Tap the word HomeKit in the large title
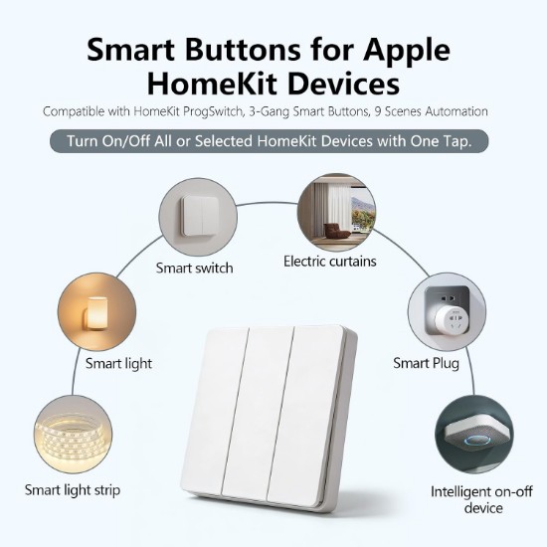pyautogui.click(x=212, y=84)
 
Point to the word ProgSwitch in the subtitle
pyautogui.click(x=213, y=111)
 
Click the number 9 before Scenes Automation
pyautogui.click(x=378, y=111)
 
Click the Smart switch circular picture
pyautogui.click(x=198, y=217)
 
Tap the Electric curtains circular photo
pyautogui.click(x=336, y=212)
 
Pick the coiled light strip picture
pyautogui.click(x=74, y=435)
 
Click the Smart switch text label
pyautogui.click(x=194, y=268)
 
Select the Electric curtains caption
pyautogui.click(x=329, y=262)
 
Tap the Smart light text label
pyautogui.click(x=118, y=363)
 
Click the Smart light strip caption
pyautogui.click(x=73, y=490)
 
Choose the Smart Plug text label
pyautogui.click(x=426, y=363)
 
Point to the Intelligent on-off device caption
pyautogui.click(x=481, y=499)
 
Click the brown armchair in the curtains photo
pyautogui.click(x=336, y=231)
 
